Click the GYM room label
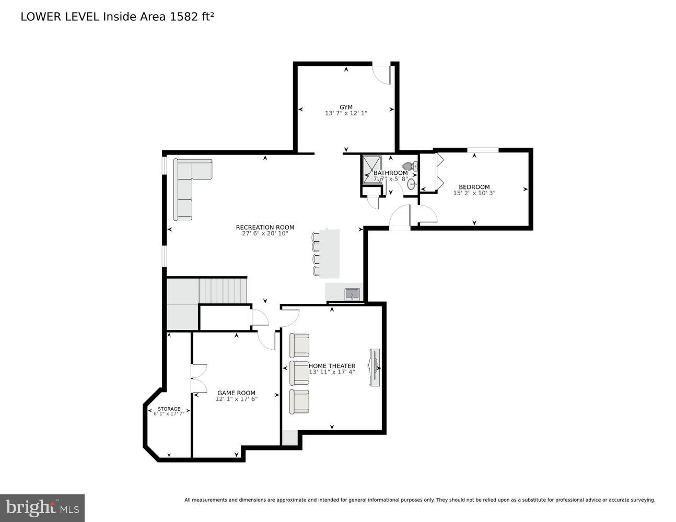[346, 107]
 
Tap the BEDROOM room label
[474, 187]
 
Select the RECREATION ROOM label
[265, 227]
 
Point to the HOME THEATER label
[332, 366]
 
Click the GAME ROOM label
[236, 393]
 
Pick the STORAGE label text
[169, 409]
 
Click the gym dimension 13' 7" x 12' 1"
[346, 113]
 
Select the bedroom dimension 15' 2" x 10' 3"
[474, 193]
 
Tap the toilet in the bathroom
[410, 167]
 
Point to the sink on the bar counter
[352, 294]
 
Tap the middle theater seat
[299, 372]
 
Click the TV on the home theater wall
[375, 367]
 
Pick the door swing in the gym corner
[382, 74]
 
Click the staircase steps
[223, 291]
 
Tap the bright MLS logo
[42, 507]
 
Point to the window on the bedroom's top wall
[482, 151]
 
